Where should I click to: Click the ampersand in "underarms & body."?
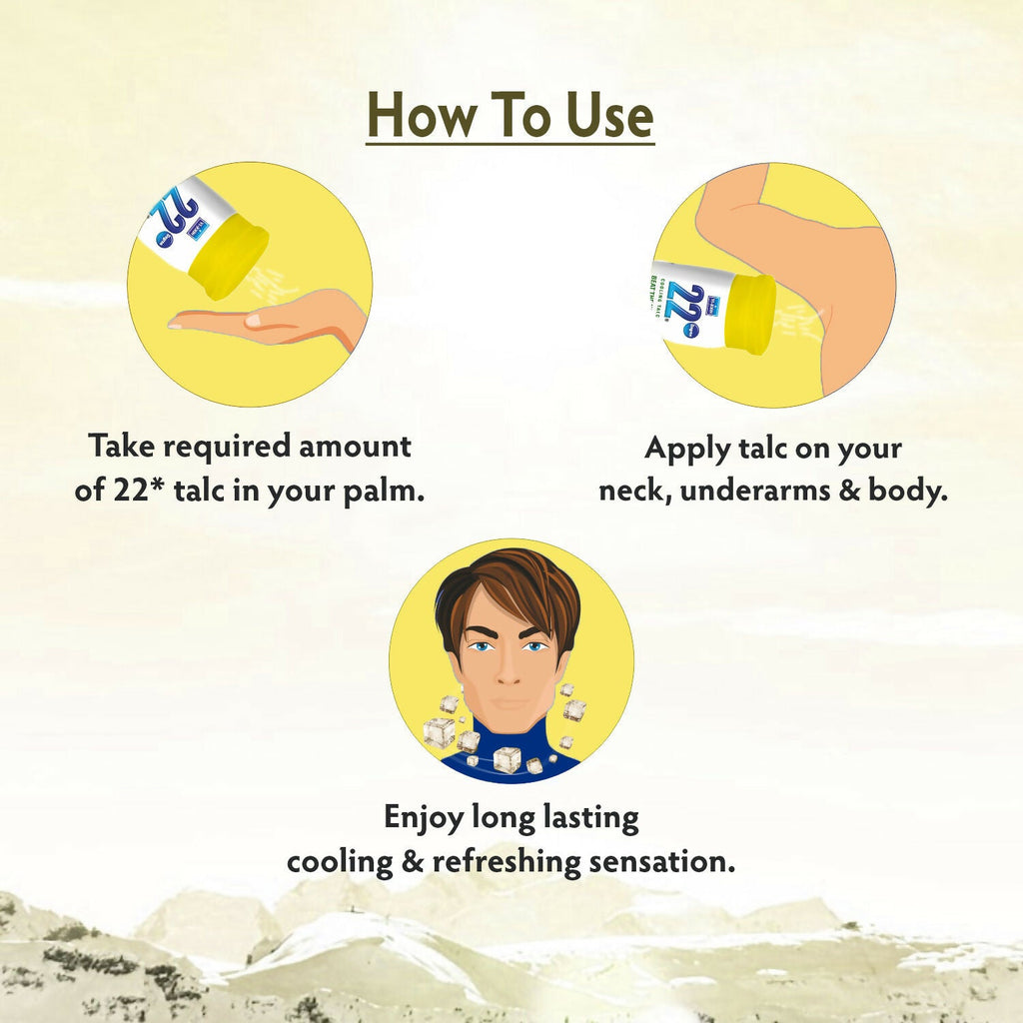coord(849,491)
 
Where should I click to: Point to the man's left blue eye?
coord(535,646)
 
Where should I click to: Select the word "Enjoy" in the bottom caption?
coord(423,818)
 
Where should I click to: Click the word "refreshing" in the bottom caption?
coord(507,862)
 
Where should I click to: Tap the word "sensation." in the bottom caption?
coord(662,862)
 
